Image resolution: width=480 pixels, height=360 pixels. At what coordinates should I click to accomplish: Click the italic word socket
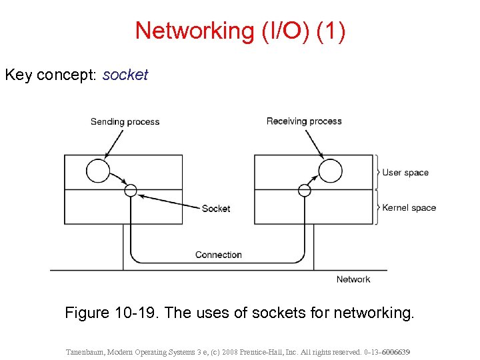tap(125, 75)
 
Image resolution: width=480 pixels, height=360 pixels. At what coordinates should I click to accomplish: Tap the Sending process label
tap(125, 121)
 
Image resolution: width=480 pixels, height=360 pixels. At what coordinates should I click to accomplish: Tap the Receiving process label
tap(304, 121)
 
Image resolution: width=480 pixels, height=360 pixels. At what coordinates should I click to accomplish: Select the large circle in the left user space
tap(98, 171)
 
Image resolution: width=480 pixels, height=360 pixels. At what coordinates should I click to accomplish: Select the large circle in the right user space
tap(330, 171)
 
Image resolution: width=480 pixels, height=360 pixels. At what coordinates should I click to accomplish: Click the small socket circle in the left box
tap(131, 190)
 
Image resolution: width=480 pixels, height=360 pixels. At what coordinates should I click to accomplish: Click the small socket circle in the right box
tap(305, 190)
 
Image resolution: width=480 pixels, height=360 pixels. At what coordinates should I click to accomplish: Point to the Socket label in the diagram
tap(216, 208)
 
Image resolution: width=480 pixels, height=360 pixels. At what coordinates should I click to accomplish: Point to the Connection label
tap(218, 255)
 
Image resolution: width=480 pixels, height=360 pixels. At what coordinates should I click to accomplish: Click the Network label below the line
tap(353, 279)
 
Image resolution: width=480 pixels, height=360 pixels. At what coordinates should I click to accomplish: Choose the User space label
tap(405, 173)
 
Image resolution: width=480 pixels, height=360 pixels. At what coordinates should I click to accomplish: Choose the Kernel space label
tap(409, 207)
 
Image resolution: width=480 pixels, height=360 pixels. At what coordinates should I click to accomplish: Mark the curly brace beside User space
tap(377, 173)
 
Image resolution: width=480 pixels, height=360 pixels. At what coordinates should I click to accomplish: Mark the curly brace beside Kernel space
tap(377, 207)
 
